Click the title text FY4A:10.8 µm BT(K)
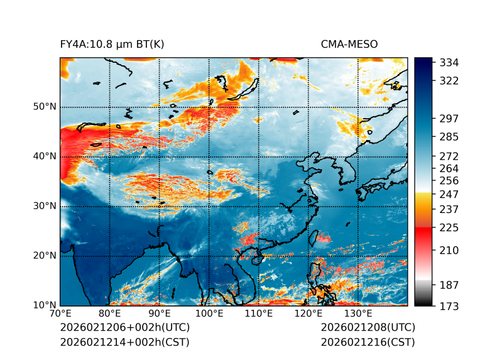tap(112, 44)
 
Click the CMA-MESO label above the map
tap(349, 44)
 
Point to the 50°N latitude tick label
tap(45, 107)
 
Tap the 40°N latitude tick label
tap(45, 156)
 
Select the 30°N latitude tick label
tap(45, 206)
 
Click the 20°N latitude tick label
tap(45, 256)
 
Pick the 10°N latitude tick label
tap(45, 305)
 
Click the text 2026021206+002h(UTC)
tap(124, 327)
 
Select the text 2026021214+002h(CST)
tap(124, 342)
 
